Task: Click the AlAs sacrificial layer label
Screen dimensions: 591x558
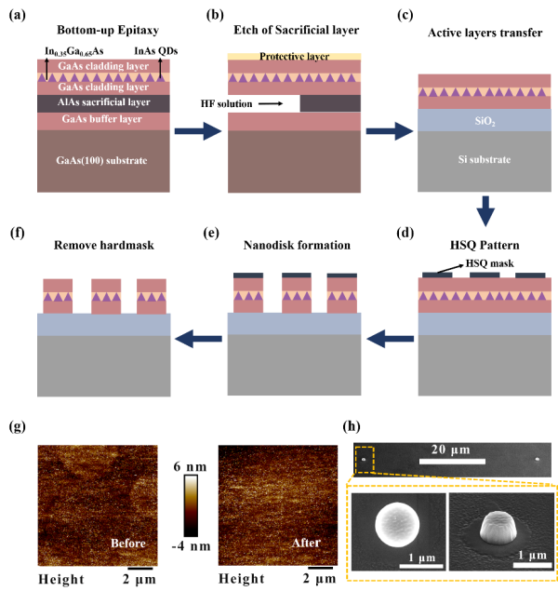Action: pyautogui.click(x=103, y=103)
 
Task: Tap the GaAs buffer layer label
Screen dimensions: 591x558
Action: pyautogui.click(x=103, y=120)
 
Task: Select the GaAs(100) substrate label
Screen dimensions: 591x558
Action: pyautogui.click(x=103, y=160)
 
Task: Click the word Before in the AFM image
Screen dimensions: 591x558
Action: pyautogui.click(x=128, y=543)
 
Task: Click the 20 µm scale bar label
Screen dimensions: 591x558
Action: pyautogui.click(x=451, y=450)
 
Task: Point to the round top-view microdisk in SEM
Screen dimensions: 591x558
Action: pyautogui.click(x=395, y=525)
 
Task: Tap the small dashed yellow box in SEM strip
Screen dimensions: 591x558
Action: pyautogui.click(x=364, y=458)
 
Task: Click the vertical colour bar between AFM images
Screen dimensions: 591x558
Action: pyautogui.click(x=190, y=506)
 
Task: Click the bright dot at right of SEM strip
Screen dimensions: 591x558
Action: pyautogui.click(x=537, y=458)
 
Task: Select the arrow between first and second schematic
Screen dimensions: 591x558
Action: pyautogui.click(x=199, y=131)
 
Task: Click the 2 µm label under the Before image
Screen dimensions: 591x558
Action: pyautogui.click(x=140, y=579)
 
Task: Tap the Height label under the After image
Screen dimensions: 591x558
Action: pyautogui.click(x=242, y=579)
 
